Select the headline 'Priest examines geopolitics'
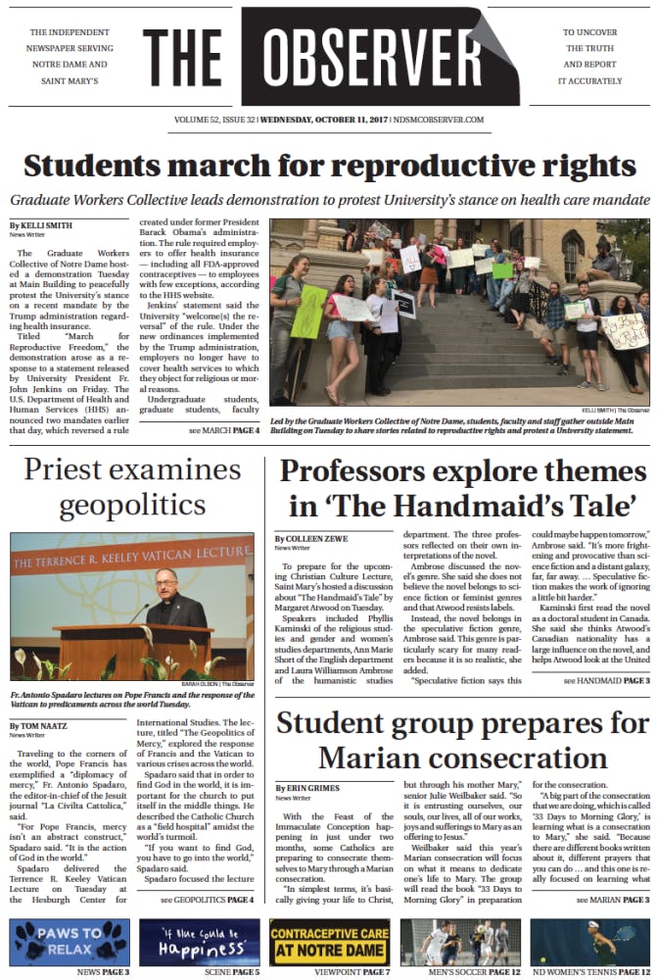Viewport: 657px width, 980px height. [x=134, y=487]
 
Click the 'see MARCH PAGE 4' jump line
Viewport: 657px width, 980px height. [x=224, y=430]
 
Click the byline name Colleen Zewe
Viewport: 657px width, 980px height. [x=319, y=539]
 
